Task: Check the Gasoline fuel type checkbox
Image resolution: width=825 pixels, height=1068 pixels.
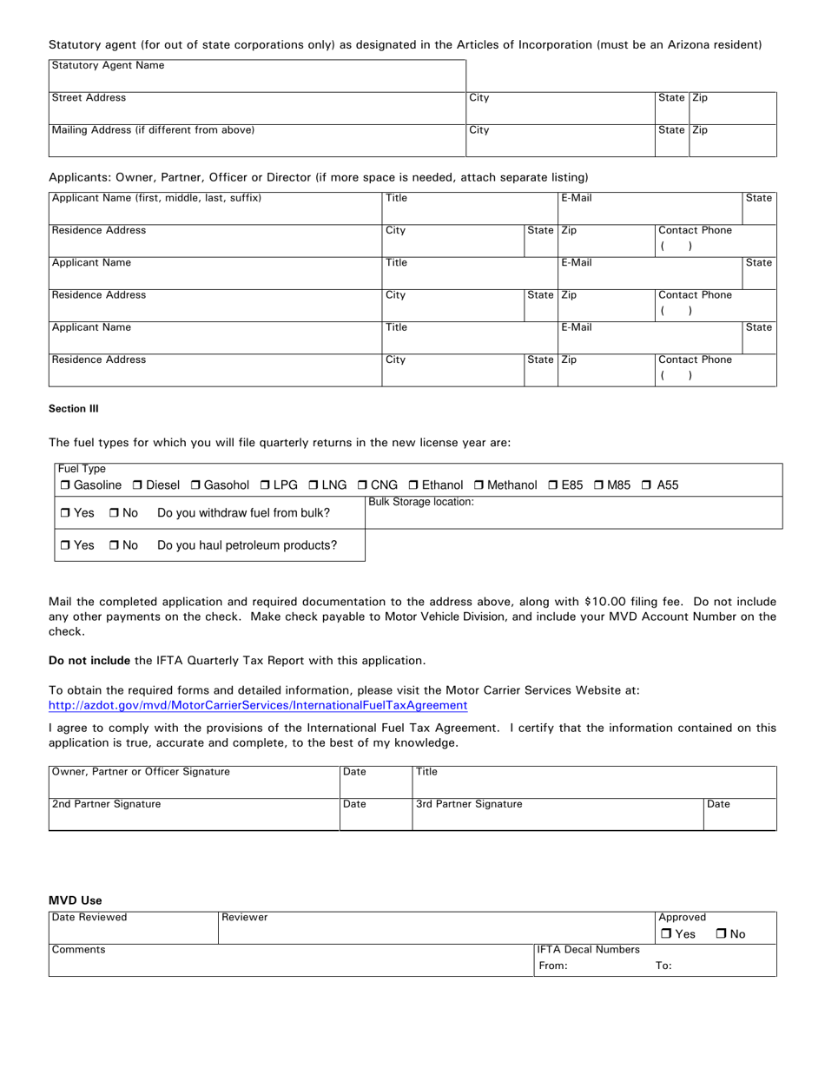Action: [65, 485]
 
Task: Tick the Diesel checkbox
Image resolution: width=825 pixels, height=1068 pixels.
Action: [137, 485]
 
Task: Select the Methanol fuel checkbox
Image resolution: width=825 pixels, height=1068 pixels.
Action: [478, 485]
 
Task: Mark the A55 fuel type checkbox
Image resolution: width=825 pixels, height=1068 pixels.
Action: [646, 485]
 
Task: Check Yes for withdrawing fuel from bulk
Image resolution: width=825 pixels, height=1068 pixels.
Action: [66, 513]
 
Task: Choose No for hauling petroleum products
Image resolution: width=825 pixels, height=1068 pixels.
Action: [115, 546]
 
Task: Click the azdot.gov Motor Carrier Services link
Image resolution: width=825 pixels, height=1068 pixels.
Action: [258, 706]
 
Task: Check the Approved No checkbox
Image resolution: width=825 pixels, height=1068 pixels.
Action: [722, 934]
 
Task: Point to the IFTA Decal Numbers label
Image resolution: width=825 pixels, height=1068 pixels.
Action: [589, 950]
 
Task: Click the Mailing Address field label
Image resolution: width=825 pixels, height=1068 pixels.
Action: [153, 130]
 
